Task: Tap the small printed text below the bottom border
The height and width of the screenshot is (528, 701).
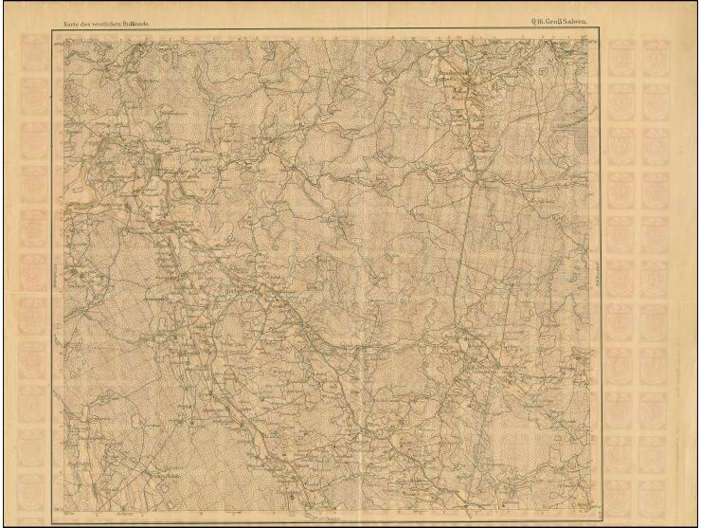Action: pyautogui.click(x=327, y=519)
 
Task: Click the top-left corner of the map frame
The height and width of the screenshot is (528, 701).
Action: pyautogui.click(x=64, y=39)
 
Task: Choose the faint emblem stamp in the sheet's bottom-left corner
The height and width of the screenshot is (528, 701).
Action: pyautogui.click(x=33, y=487)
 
